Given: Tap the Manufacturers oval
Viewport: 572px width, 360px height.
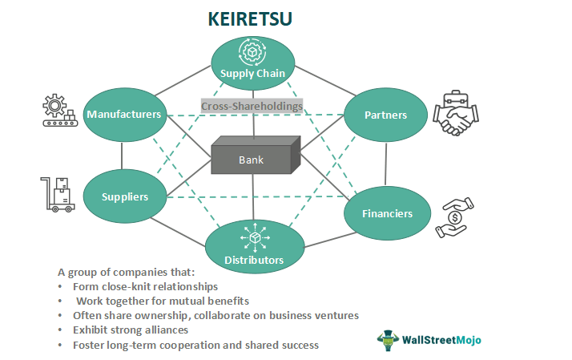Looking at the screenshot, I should (123, 115).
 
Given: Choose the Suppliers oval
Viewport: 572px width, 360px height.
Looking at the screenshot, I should (123, 196).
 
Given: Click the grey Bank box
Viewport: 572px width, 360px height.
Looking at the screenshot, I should (250, 159).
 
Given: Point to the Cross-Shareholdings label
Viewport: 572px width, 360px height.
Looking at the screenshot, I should (252, 106).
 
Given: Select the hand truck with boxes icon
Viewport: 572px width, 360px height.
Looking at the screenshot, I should (56, 195).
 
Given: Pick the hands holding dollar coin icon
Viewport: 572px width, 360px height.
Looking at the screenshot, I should (453, 217).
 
